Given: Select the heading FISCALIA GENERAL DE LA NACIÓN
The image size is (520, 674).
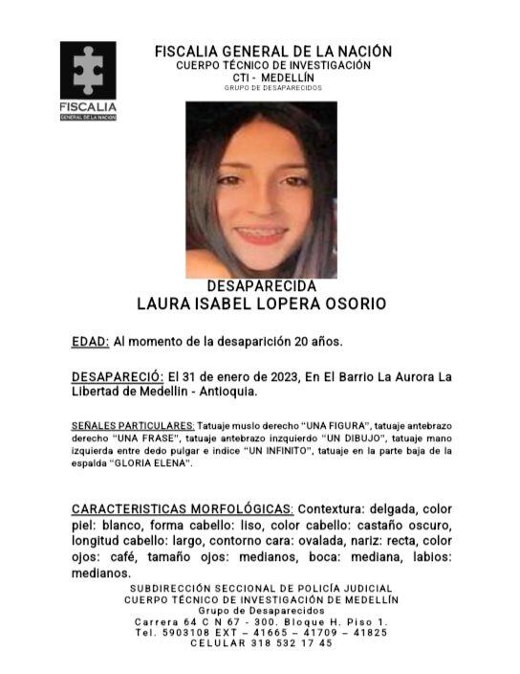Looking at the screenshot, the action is click(x=272, y=52).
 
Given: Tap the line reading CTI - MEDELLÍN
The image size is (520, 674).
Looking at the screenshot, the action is click(x=272, y=77).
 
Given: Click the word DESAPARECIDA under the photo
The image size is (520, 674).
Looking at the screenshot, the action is click(x=261, y=286).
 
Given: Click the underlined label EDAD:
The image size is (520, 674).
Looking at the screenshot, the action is click(x=91, y=341).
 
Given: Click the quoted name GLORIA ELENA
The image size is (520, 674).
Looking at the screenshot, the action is click(x=154, y=463).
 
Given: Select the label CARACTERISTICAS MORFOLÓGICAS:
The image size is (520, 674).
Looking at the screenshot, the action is click(x=183, y=508).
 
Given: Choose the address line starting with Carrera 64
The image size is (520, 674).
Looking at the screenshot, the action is click(x=261, y=621).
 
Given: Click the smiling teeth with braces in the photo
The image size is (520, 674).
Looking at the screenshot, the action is click(x=261, y=233).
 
